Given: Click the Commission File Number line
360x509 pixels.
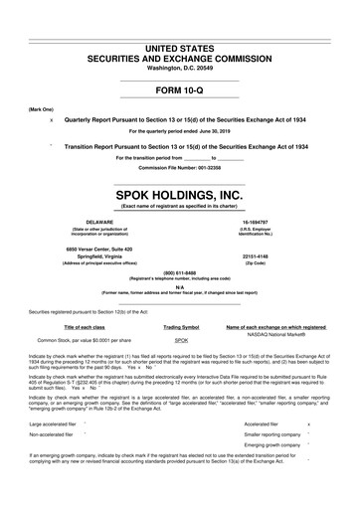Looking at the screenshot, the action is tap(180, 167).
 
